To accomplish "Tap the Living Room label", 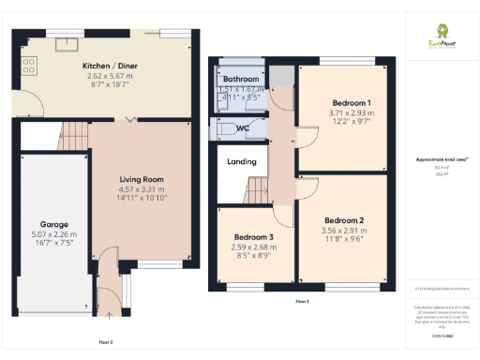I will click(x=141, y=179).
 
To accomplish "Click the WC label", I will click(x=242, y=127).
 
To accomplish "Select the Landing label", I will click(x=242, y=161).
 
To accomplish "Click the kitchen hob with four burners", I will click(x=28, y=65).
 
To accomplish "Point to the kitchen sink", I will click(x=67, y=43).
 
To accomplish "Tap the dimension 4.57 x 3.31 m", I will click(x=141, y=190).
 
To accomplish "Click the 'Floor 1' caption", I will click(x=302, y=302).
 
